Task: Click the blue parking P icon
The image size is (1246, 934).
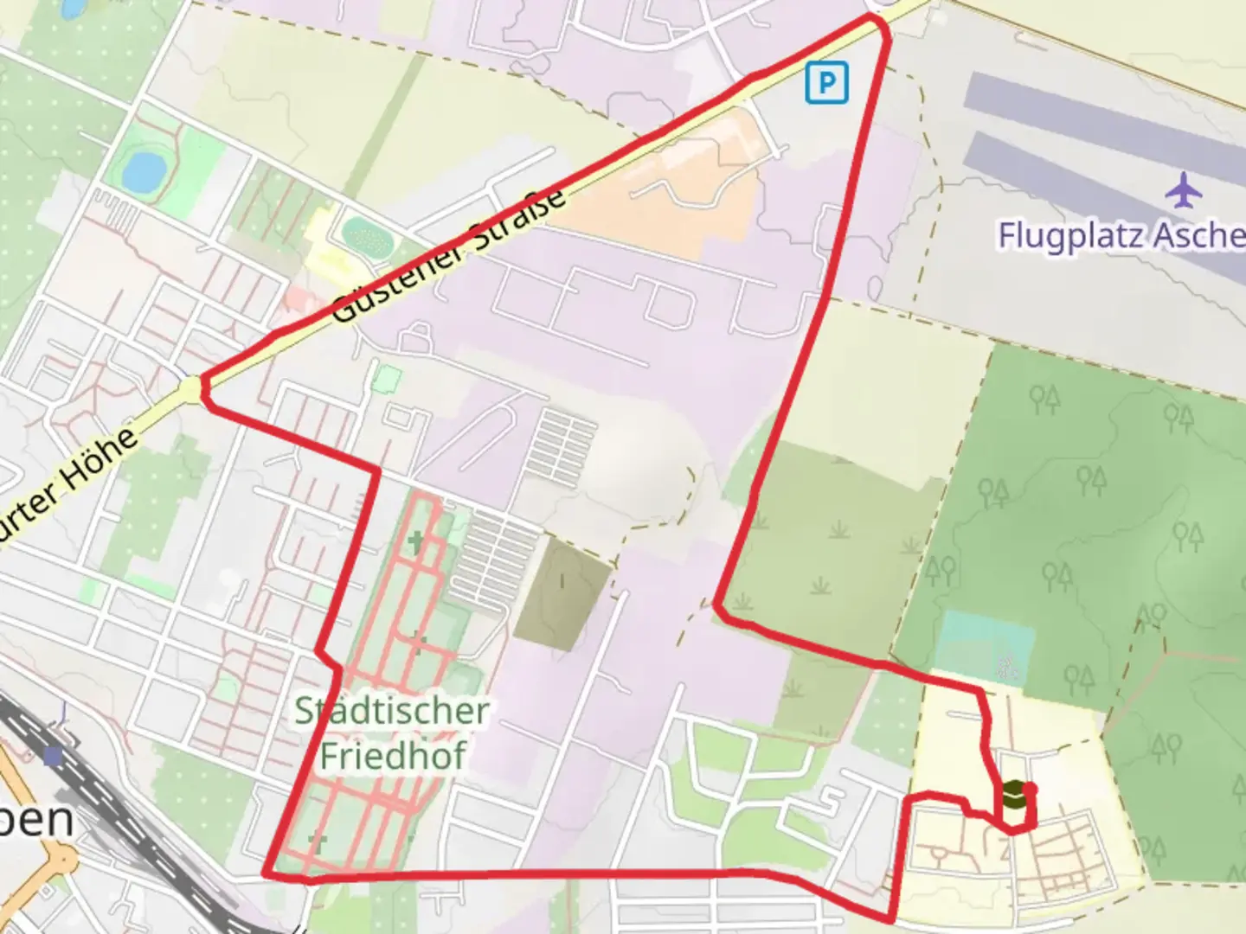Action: [826, 83]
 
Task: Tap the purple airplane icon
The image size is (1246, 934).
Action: [1183, 190]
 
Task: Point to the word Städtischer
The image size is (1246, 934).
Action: [391, 711]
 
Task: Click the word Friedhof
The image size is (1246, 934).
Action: [393, 754]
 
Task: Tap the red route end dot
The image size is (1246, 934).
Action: [1030, 789]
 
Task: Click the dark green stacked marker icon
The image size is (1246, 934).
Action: [1013, 794]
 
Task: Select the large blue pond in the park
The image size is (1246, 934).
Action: [144, 171]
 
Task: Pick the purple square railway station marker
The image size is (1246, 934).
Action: [54, 757]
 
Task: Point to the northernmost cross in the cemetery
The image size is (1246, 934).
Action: [417, 543]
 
